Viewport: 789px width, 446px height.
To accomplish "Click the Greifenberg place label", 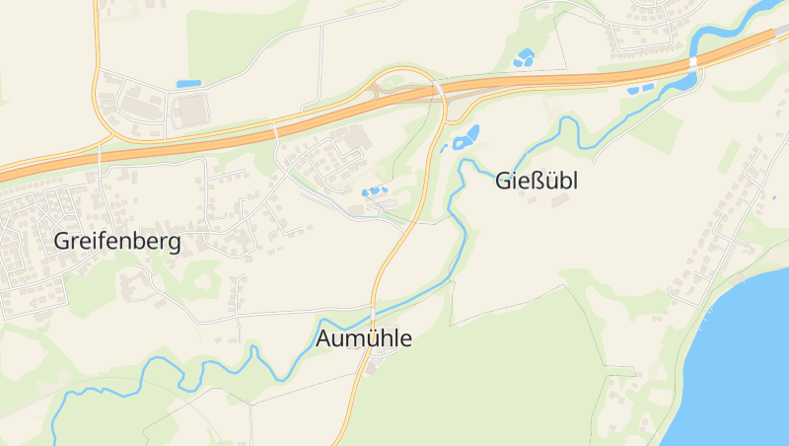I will (117, 242).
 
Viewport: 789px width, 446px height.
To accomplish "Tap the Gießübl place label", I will (536, 182).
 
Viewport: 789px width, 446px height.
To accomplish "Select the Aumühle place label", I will (364, 338).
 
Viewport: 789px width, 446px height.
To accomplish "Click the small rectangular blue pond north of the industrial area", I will (187, 84).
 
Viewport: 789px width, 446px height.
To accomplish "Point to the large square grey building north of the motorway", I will (193, 110).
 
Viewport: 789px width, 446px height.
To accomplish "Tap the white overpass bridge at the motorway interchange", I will (437, 90).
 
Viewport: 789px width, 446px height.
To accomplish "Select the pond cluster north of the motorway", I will (524, 58).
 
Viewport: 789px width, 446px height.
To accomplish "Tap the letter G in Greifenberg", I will (62, 242).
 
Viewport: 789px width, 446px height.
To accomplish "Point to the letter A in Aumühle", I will (325, 338).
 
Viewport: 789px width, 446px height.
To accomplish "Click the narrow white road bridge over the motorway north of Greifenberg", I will (274, 130).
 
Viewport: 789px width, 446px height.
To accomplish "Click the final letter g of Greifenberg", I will (174, 244).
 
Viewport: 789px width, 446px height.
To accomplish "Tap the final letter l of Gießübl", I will (574, 182).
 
